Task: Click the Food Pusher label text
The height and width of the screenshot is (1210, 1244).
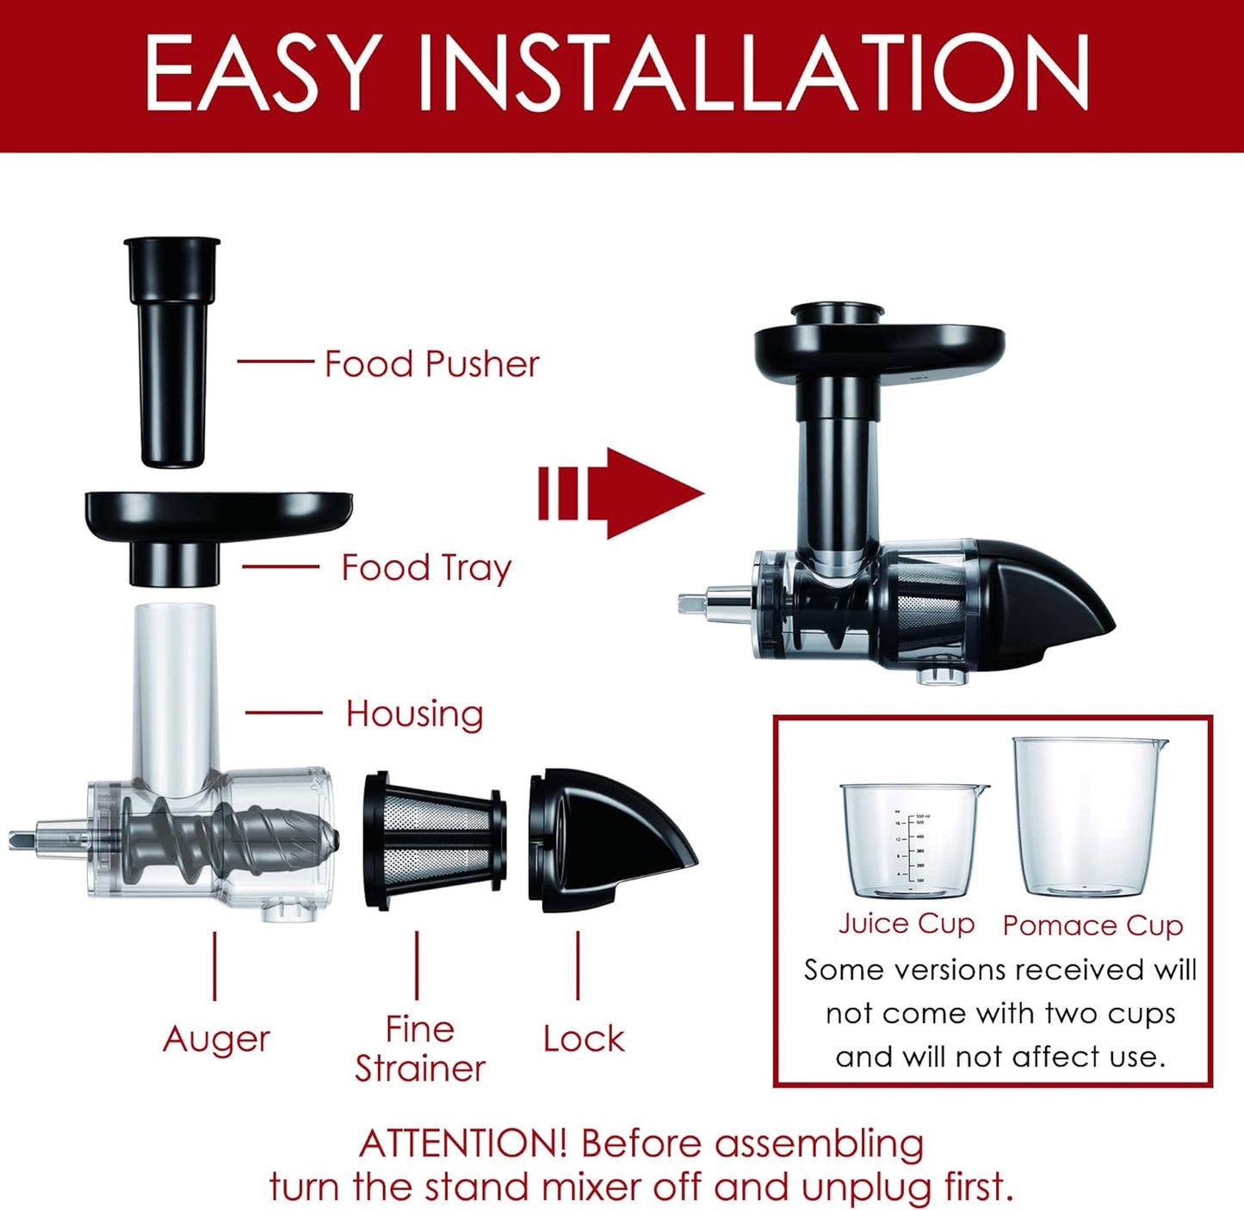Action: [x=431, y=364]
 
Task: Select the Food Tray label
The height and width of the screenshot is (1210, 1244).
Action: [x=426, y=568]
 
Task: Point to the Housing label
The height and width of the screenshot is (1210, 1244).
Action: [x=414, y=714]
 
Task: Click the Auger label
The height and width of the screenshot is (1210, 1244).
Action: [x=216, y=1039]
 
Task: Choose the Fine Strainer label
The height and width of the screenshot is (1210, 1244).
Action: [x=420, y=1049]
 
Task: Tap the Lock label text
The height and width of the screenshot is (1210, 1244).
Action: [x=584, y=1039]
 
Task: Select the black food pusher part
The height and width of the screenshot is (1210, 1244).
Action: [x=172, y=353]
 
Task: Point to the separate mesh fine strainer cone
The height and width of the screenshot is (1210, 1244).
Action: [x=435, y=840]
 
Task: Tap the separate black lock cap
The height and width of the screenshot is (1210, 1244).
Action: [x=608, y=839]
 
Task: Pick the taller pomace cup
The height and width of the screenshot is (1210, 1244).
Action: [x=1089, y=818]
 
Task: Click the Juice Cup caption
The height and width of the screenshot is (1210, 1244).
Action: [x=907, y=923]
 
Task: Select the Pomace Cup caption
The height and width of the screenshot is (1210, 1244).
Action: [x=1092, y=926]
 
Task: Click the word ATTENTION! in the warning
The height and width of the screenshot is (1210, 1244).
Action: [x=462, y=1144]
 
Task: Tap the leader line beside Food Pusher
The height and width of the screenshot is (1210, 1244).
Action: [x=275, y=361]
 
